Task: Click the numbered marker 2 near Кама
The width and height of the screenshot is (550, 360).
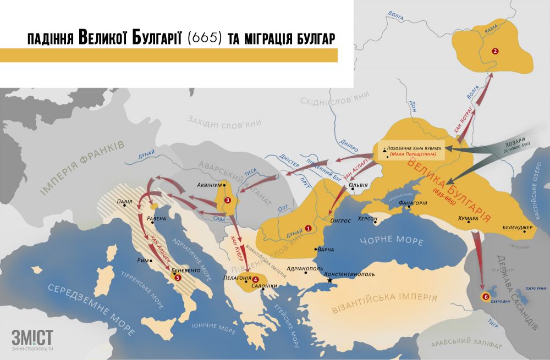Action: point(495,51)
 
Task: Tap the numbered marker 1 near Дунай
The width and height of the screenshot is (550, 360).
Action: point(308,228)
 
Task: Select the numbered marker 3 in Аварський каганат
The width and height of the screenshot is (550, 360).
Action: point(228,200)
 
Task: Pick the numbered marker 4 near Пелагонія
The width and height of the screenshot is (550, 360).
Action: point(255,279)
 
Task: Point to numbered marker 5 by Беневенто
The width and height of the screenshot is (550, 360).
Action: point(177,278)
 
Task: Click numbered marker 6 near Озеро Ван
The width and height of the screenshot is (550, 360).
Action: point(485,297)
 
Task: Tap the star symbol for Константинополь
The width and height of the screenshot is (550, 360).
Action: point(330,280)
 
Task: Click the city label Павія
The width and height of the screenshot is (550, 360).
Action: point(124,201)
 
